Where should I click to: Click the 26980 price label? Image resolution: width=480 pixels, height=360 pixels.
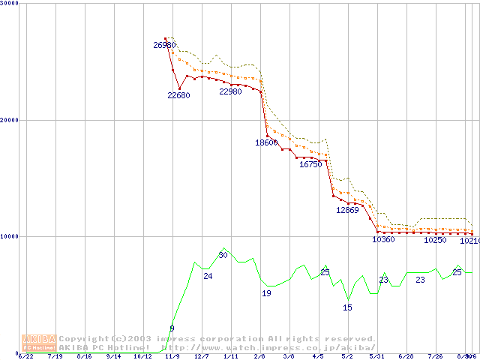(x=164, y=46)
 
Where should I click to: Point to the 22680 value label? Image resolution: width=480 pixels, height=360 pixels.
(x=178, y=95)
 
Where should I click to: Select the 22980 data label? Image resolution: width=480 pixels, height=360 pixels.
(x=230, y=91)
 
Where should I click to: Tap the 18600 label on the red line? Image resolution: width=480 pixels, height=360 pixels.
(x=266, y=142)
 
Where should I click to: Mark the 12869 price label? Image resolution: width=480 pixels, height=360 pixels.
(x=347, y=210)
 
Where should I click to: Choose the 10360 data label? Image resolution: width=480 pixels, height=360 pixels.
(x=383, y=240)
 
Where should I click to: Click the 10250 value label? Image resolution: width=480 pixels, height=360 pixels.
(x=435, y=241)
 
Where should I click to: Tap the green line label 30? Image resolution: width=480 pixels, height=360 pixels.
(x=223, y=256)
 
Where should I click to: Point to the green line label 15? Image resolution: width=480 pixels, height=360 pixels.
(x=347, y=308)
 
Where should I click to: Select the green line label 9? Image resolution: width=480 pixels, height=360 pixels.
(x=172, y=328)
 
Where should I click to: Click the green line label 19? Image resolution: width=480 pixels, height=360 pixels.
(x=266, y=294)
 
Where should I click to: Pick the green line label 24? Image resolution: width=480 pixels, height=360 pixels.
(x=208, y=277)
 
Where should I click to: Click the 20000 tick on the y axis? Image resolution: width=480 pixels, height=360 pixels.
(x=10, y=120)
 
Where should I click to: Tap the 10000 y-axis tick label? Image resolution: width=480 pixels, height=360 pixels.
(x=10, y=236)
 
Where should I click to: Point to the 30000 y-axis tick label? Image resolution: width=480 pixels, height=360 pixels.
(x=10, y=4)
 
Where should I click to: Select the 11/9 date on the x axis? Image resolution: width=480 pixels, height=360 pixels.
(x=172, y=357)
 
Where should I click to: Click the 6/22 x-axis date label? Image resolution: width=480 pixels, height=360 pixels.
(x=25, y=357)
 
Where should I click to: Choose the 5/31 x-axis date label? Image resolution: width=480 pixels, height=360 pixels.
(x=376, y=357)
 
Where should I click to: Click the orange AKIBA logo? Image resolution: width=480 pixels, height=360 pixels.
(x=39, y=342)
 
